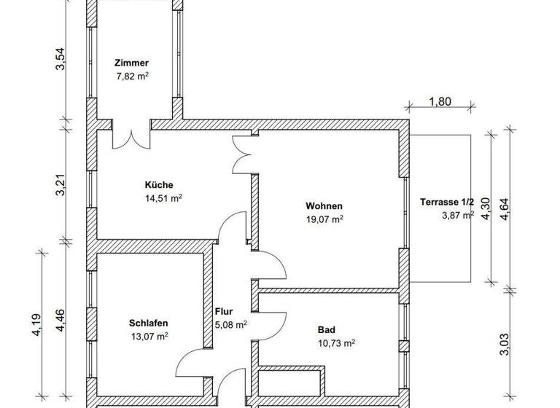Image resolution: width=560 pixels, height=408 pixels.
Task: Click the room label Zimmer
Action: [x=131, y=63]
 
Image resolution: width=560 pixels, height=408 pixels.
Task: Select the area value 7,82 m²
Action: [x=132, y=76]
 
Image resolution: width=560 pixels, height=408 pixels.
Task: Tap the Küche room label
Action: [x=158, y=184]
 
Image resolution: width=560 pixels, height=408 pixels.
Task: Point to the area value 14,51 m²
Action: [x=163, y=197]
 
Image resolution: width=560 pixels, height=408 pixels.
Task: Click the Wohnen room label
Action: [x=324, y=205]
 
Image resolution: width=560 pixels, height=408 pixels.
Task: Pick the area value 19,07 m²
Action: [x=325, y=218]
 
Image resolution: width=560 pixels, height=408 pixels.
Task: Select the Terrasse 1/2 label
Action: [x=447, y=202]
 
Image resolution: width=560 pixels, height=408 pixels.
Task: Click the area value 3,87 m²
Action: [x=458, y=215]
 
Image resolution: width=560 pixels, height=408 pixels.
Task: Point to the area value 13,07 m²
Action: [x=149, y=336]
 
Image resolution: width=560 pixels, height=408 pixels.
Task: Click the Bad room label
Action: [x=326, y=329]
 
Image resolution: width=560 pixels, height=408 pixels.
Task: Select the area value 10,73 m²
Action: [x=336, y=342]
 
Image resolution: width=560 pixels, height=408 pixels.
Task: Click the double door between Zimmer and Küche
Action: [x=131, y=134]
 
